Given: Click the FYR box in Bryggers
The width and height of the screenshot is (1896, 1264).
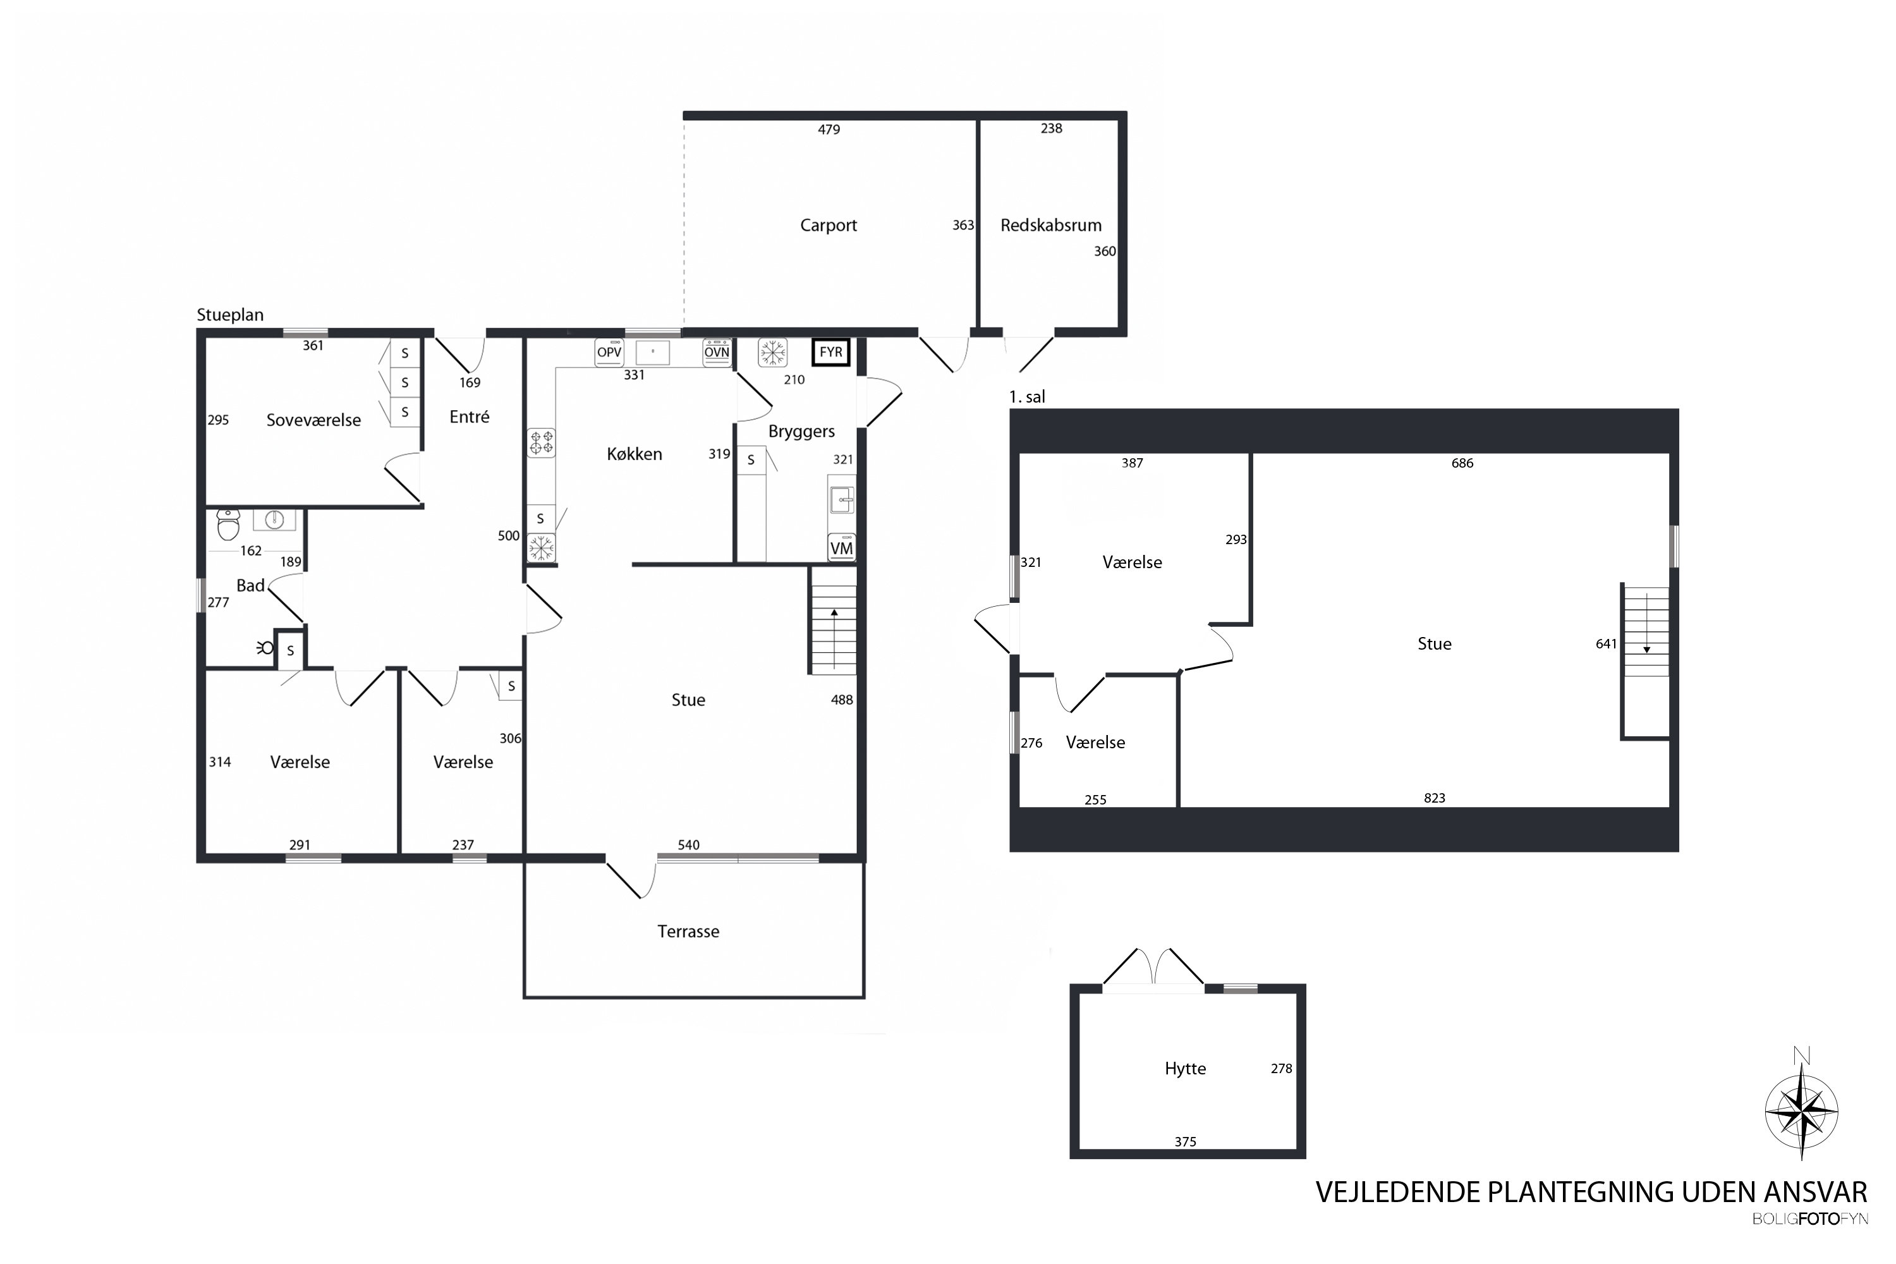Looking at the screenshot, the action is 831,352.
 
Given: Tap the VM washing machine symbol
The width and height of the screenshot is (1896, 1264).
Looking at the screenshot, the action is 842,547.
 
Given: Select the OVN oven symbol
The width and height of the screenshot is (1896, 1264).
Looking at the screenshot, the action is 717,352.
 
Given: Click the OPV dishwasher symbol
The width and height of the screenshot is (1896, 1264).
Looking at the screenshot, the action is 609,352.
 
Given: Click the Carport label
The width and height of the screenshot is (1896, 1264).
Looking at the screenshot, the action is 828,226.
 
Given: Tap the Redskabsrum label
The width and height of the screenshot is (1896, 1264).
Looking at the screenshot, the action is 1050,226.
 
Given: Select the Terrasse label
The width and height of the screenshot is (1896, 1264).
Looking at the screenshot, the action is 688,932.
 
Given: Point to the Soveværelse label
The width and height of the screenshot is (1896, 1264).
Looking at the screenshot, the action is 313,420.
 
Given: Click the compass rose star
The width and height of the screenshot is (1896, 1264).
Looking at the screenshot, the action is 1802,1112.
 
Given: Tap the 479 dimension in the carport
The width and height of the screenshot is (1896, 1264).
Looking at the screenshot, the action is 829,130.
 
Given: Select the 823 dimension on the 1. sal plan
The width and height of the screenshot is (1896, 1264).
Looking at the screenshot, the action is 1434,798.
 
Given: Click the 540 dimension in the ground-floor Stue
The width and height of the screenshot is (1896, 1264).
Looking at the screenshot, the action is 688,845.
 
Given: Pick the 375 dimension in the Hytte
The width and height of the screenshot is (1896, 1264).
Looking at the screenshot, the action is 1185,1141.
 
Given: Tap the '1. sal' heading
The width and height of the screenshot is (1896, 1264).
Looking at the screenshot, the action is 1027,397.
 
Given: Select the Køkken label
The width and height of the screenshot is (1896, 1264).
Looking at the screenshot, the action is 635,454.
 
